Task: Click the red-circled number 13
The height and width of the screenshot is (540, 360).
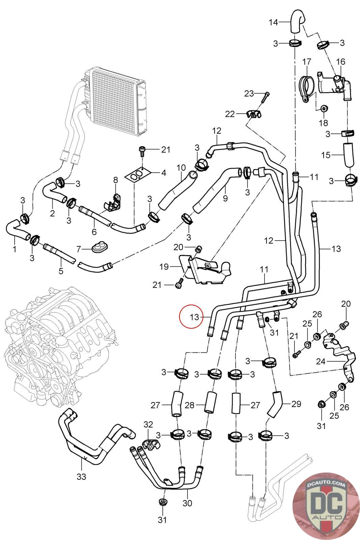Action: tap(194, 317)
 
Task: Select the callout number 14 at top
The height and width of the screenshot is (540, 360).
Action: tap(273, 22)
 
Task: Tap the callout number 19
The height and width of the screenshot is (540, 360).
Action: tap(164, 267)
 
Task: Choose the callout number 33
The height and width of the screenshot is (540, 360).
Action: tap(81, 477)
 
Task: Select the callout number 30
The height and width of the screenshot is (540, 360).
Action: tap(187, 503)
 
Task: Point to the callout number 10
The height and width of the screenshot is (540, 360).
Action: tap(181, 167)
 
